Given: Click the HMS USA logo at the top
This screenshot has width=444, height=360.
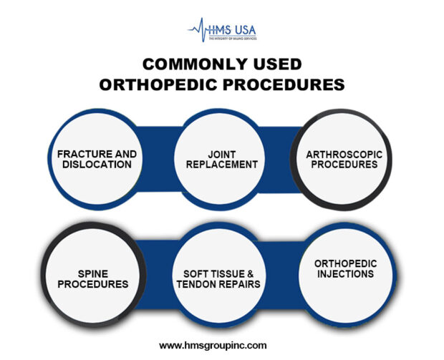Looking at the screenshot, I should (x=221, y=31).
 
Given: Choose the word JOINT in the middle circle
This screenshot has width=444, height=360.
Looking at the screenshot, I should (x=221, y=154).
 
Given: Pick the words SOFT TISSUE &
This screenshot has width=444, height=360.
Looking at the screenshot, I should (x=221, y=273).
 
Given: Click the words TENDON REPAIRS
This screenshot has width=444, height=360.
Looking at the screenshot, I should (x=221, y=283).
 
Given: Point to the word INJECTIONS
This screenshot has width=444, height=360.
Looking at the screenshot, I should (x=344, y=273).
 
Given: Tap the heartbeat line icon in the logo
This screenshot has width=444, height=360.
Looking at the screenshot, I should (x=198, y=29).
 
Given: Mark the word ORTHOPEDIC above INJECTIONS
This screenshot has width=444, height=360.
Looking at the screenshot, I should (x=344, y=263).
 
